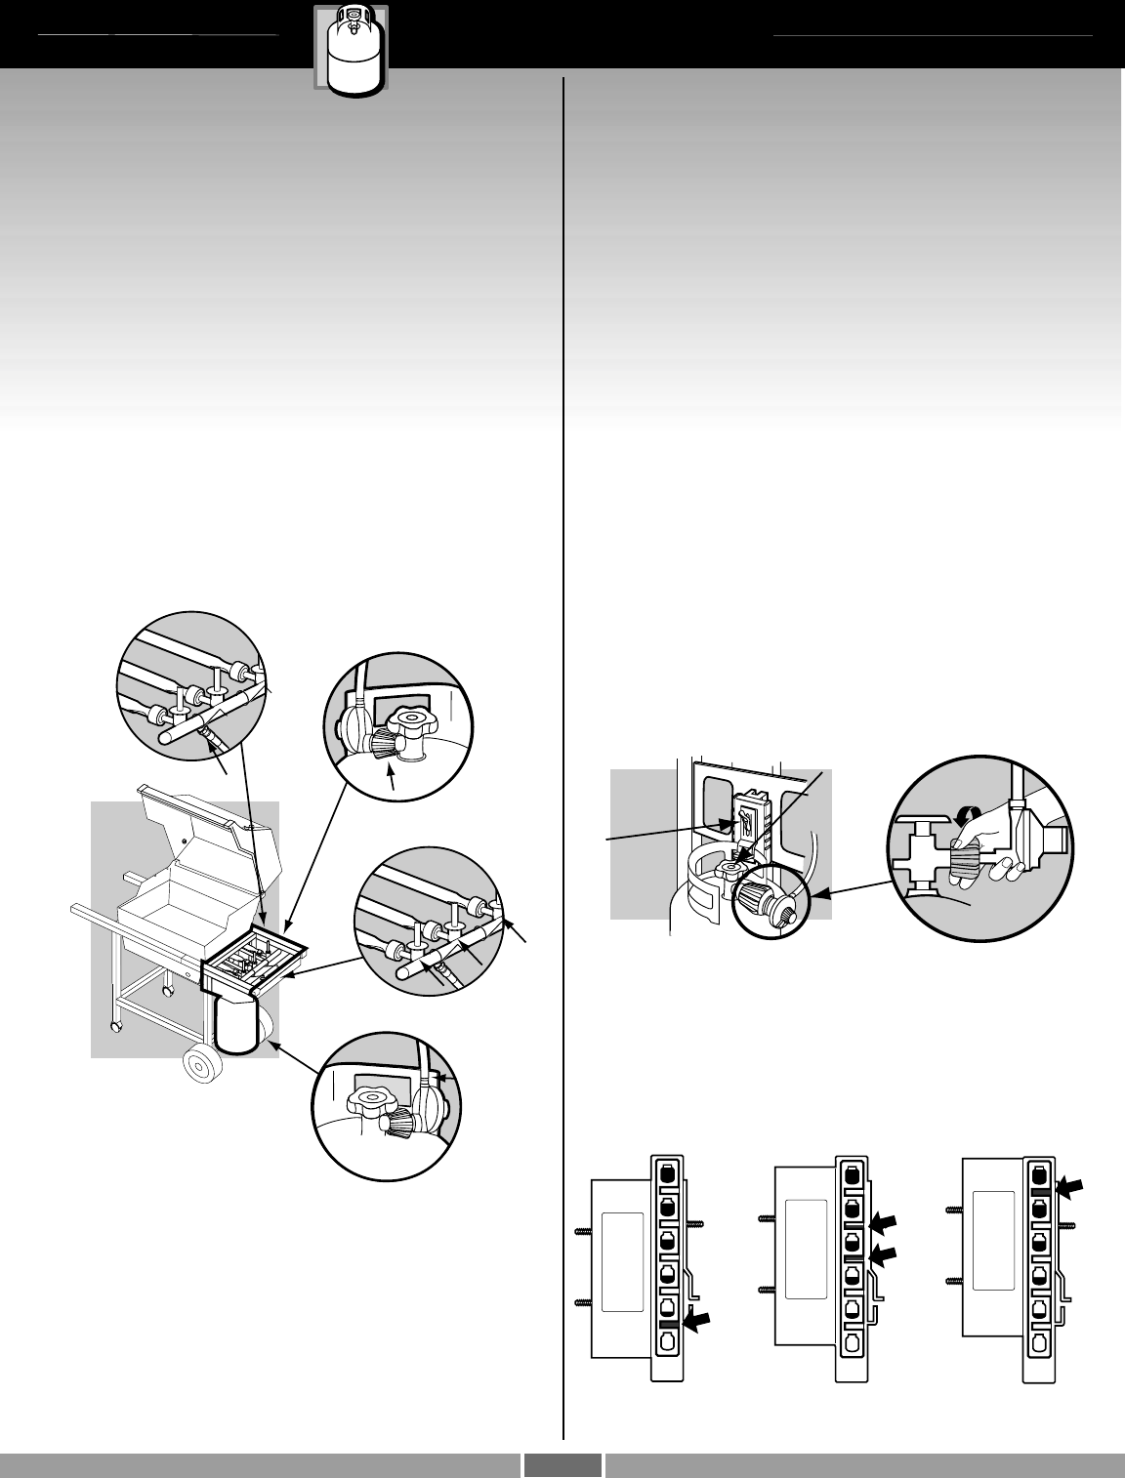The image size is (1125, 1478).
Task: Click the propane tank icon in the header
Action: click(350, 49)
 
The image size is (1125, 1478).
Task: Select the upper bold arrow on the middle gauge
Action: click(885, 1222)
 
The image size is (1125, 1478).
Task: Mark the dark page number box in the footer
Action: click(562, 1464)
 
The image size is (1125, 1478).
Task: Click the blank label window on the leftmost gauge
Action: click(622, 1262)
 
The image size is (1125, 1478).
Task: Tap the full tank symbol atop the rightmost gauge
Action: click(1039, 1173)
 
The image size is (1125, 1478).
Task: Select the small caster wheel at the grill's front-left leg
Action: click(116, 1028)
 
